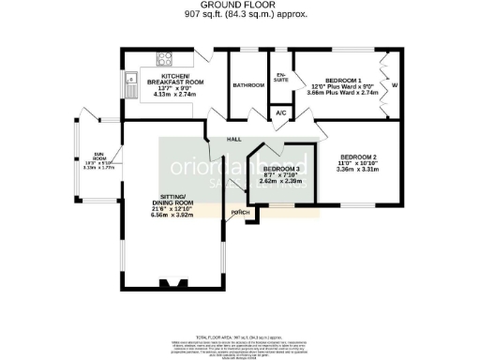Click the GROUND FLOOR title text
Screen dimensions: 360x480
tap(239, 5)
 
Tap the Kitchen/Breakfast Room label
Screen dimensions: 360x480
tap(175, 78)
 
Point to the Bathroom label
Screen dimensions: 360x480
tap(248, 84)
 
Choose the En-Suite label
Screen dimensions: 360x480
tap(280, 78)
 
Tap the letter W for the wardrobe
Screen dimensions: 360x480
tap(394, 87)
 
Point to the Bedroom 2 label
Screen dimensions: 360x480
tap(357, 156)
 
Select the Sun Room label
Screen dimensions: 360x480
tap(97, 155)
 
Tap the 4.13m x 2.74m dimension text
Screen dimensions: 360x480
tap(175, 96)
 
